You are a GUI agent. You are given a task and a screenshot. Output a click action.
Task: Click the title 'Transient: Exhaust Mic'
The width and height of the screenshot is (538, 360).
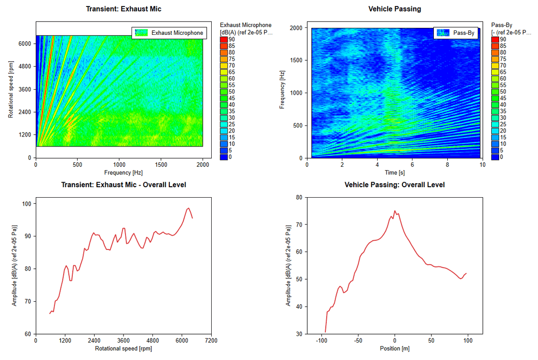(x=124, y=9)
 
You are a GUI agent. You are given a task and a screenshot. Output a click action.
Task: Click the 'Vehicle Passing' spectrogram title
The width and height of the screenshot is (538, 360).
(x=395, y=9)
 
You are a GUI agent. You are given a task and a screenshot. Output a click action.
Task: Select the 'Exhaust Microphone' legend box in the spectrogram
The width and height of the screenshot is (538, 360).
(x=169, y=33)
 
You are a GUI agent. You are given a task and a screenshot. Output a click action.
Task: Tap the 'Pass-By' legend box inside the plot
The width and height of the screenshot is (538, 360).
(x=455, y=33)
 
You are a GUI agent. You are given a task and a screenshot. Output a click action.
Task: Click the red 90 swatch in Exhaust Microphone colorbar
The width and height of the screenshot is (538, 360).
(x=224, y=39)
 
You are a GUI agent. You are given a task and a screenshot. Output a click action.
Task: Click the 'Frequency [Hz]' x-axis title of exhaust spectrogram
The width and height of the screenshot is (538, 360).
(x=119, y=172)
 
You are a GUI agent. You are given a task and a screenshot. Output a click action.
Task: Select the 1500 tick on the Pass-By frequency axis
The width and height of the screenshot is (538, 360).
(x=296, y=61)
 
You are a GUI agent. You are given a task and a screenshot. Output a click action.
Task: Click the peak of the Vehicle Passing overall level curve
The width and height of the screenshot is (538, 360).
(x=395, y=211)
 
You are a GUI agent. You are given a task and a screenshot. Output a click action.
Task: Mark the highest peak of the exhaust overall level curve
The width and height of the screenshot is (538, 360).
(x=188, y=208)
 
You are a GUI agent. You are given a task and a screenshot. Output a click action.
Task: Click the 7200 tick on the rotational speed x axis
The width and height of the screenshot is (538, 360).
(x=211, y=341)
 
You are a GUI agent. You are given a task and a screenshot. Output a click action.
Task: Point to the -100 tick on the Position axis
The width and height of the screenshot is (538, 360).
(x=322, y=341)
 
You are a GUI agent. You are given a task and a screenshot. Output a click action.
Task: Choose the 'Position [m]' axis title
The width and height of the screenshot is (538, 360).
(x=395, y=349)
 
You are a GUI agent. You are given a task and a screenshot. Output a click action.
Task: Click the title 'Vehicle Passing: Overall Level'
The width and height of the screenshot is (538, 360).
(x=395, y=185)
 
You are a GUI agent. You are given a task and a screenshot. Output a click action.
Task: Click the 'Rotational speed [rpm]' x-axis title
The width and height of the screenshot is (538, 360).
(x=124, y=349)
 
